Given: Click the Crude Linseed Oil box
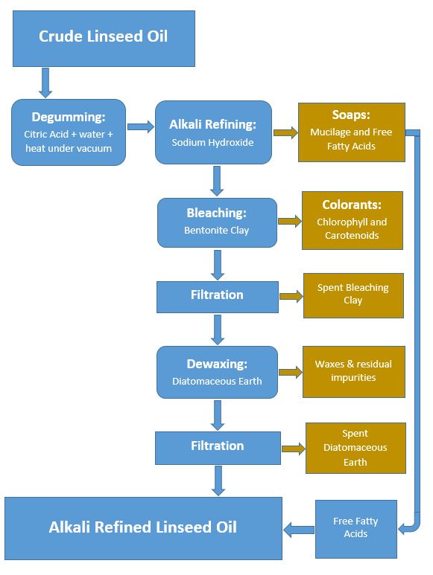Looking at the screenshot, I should coord(104,38).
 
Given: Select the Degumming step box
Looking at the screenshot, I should coord(69,132).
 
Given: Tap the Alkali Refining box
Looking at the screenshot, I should coord(213,132).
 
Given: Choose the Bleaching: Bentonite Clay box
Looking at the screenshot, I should coord(217,222).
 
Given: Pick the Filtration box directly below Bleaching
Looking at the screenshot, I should coord(217,295).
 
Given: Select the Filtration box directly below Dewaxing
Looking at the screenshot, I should coord(217,446).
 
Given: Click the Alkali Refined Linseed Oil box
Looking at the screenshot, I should coord(143,528).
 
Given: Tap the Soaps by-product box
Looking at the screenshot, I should coord(351,132).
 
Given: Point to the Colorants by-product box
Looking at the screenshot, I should coord(352,220).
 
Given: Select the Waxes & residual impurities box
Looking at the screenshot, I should coord(353,371).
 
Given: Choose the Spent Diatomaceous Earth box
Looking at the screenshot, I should coord(355,448).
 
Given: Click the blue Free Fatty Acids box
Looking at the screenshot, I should coord(355,527).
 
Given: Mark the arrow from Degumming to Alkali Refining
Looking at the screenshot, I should coord(140,127).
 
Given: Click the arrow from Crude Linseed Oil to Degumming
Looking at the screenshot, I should coord(45,83).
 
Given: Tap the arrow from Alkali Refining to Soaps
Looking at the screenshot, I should coord(285,132).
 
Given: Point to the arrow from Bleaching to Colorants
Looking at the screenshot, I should coord(289,221).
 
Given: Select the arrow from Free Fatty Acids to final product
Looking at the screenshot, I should coord(300,529).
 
